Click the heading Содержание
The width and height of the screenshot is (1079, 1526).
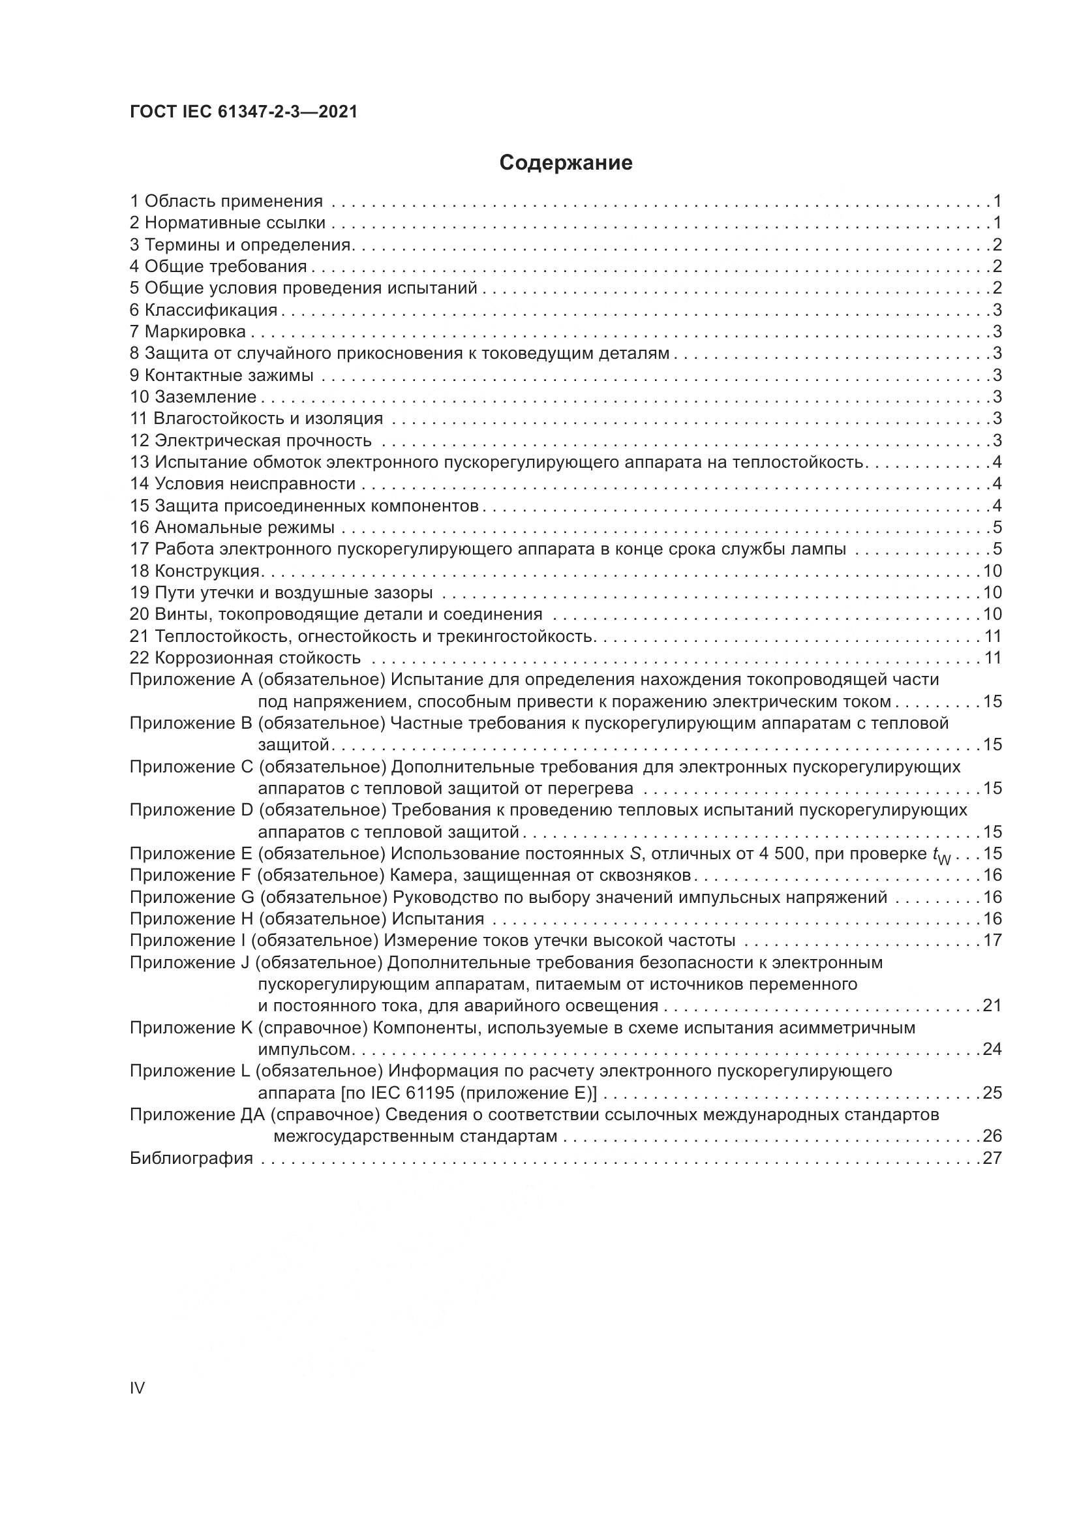566,163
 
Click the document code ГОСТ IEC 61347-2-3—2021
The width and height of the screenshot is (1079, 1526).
243,112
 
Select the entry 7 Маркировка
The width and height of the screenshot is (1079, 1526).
188,331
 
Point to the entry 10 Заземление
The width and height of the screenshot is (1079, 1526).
193,397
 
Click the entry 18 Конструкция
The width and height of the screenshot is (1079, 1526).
194,571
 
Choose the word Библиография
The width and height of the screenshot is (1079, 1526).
191,1159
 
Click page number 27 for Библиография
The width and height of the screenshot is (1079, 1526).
992,1159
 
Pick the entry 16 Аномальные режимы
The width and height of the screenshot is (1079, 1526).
232,528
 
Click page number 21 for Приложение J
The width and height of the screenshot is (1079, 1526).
992,1005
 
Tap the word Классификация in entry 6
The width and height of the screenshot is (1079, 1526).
211,310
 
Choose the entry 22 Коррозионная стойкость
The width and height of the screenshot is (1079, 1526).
245,658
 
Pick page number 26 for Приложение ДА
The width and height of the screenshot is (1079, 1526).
992,1137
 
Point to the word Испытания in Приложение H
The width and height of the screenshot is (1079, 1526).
438,919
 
